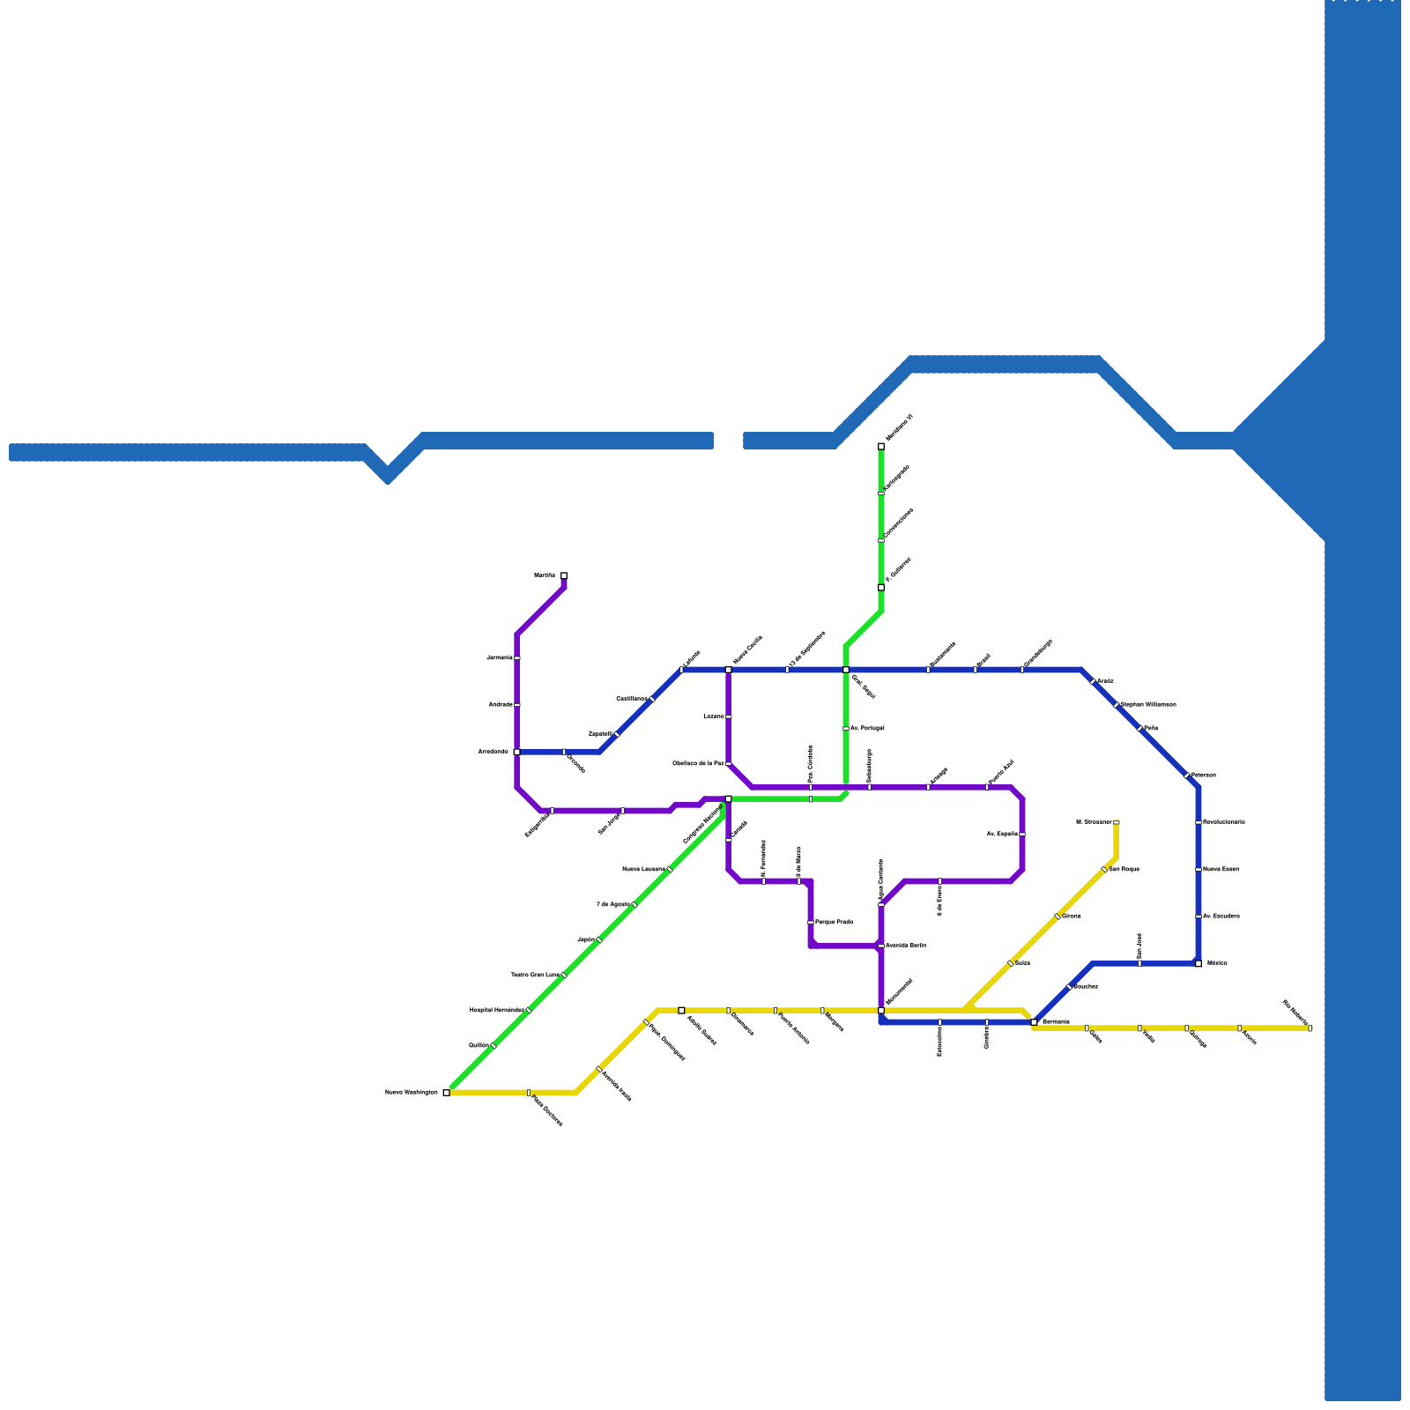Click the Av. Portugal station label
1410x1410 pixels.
tap(867, 729)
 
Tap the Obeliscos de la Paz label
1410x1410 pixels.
tap(698, 763)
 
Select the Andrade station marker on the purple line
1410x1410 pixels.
tap(517, 705)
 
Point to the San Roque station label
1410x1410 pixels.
tap(1124, 870)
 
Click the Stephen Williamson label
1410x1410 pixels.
tap(1148, 705)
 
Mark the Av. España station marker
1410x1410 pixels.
tap(1022, 834)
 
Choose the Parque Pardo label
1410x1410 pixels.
tap(834, 923)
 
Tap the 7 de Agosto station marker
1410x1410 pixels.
tap(634, 904)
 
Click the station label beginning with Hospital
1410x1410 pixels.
tap(496, 1010)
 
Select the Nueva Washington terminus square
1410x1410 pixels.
tap(447, 1093)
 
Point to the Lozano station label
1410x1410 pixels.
tap(714, 716)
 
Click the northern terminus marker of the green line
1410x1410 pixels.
tap(881, 447)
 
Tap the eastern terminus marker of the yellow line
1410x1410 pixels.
tap(1310, 1028)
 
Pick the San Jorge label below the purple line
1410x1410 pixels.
tap(609, 823)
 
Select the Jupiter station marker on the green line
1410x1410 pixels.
tap(599, 940)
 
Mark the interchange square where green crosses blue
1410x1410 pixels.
tap(846, 670)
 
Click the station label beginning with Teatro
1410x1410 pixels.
tap(535, 976)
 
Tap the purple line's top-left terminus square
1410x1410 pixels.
tap(564, 576)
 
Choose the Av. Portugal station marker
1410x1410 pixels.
tap(846, 729)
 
